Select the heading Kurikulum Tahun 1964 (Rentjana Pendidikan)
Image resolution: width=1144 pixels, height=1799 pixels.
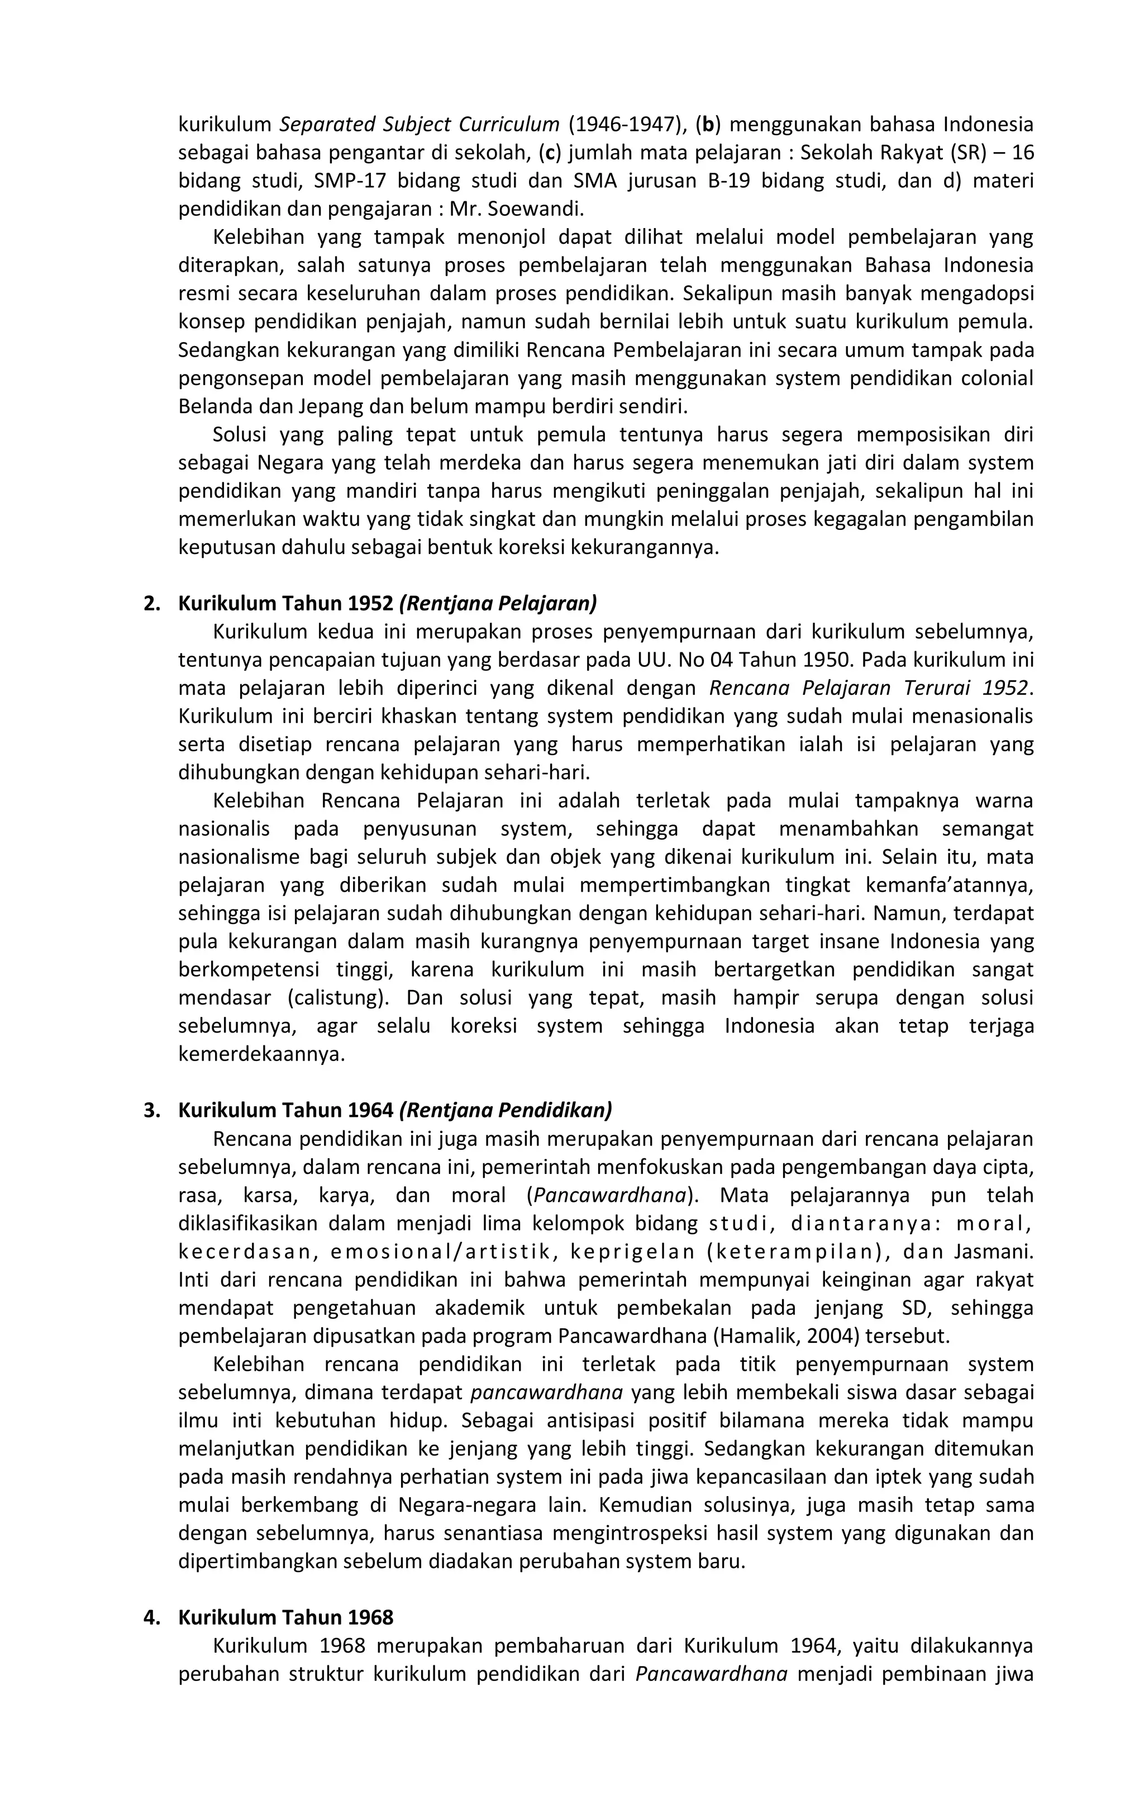(x=394, y=1110)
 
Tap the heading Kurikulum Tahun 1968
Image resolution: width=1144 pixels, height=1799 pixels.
(x=285, y=1617)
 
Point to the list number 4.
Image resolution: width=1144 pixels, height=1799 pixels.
(x=151, y=1617)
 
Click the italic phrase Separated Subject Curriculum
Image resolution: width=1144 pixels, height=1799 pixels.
(x=420, y=124)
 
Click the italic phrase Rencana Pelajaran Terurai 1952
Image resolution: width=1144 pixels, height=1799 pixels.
(x=869, y=687)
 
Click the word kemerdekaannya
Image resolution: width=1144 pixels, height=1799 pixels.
(x=261, y=1054)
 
